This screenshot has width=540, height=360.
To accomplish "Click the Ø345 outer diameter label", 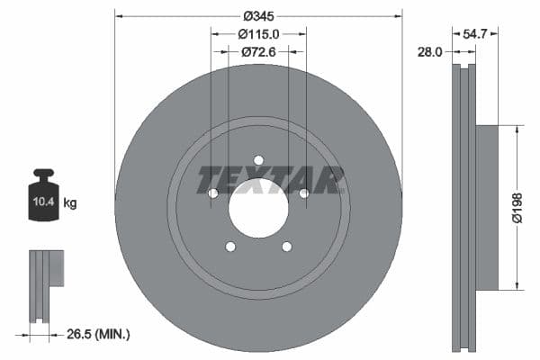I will [x=257, y=15].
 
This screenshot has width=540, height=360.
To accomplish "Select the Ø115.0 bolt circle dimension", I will [x=258, y=33].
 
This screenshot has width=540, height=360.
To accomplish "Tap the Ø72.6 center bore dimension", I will [x=258, y=52].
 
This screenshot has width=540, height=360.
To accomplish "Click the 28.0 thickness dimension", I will [x=431, y=52].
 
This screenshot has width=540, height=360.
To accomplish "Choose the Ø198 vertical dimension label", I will [x=528, y=207].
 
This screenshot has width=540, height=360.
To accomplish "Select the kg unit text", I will [x=70, y=203].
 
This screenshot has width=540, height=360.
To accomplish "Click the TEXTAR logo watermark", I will [x=271, y=180].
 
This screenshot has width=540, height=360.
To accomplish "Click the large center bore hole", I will [x=258, y=208].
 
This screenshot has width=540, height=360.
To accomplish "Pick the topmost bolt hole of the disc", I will [x=258, y=160].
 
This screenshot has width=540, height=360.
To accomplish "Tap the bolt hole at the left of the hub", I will [x=213, y=193].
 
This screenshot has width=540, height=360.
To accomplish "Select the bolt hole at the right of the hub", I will [x=303, y=193].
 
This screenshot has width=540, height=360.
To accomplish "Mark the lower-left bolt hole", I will [x=230, y=247].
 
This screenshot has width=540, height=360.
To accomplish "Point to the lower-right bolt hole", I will [x=286, y=247].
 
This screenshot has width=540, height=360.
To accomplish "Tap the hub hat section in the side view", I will [x=486, y=207].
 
